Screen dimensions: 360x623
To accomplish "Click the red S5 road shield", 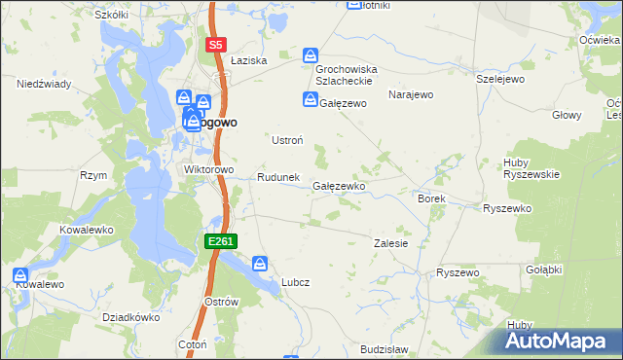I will point(216,45).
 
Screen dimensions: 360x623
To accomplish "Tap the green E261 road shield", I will point(220,240).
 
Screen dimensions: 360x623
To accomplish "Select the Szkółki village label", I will point(111,16).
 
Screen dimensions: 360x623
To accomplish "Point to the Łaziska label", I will point(249,60).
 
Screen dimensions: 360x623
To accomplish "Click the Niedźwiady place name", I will point(43,84).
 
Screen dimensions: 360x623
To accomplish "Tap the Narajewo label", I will point(410,94).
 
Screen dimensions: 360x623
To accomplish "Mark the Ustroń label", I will point(286,140).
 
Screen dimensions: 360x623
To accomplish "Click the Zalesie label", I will point(391,243).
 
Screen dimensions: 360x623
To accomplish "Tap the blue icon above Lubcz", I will point(260,263).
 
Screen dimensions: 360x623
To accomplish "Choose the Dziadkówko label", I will point(130,317).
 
